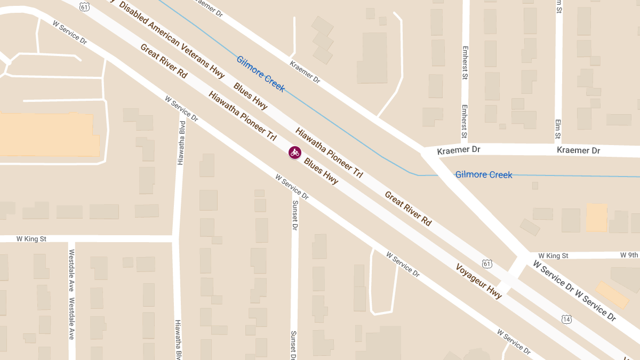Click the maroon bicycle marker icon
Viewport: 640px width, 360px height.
click(x=294, y=153)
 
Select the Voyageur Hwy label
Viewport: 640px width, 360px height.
click(x=478, y=281)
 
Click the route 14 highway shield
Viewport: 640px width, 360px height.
click(x=566, y=319)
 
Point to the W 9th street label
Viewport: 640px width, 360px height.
click(x=629, y=255)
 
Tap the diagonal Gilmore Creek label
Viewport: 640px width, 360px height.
click(x=260, y=74)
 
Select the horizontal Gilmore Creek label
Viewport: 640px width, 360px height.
click(x=483, y=175)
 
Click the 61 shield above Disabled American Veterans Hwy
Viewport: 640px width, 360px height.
click(x=85, y=6)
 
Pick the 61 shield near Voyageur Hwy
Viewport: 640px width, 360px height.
click(x=486, y=263)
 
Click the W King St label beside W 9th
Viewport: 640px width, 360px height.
click(x=553, y=256)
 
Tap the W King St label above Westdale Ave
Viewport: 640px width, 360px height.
click(x=31, y=239)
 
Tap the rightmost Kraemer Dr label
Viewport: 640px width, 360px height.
click(x=578, y=151)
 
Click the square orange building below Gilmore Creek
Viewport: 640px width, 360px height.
click(x=597, y=218)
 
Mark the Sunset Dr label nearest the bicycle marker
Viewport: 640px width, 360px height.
click(x=294, y=215)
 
